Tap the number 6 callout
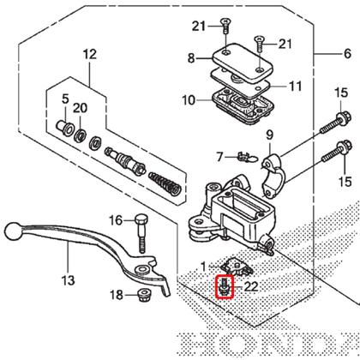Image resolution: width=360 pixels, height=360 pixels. tap(347, 54)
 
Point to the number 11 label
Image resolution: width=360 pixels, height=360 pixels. tap(295, 86)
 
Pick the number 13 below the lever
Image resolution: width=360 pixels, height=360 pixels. tap(69, 281)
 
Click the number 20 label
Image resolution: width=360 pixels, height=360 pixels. tap(80, 107)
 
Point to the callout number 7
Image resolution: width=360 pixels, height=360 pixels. tap(196, 156)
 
